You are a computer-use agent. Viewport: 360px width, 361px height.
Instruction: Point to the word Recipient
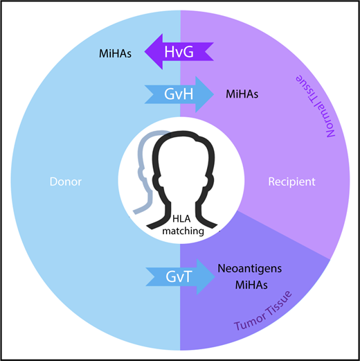point(291,182)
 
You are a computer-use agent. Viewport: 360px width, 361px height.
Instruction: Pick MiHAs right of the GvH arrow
point(242,94)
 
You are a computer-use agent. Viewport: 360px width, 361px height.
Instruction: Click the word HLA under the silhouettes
point(180,219)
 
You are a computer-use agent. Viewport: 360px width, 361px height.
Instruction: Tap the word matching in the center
point(180,232)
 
